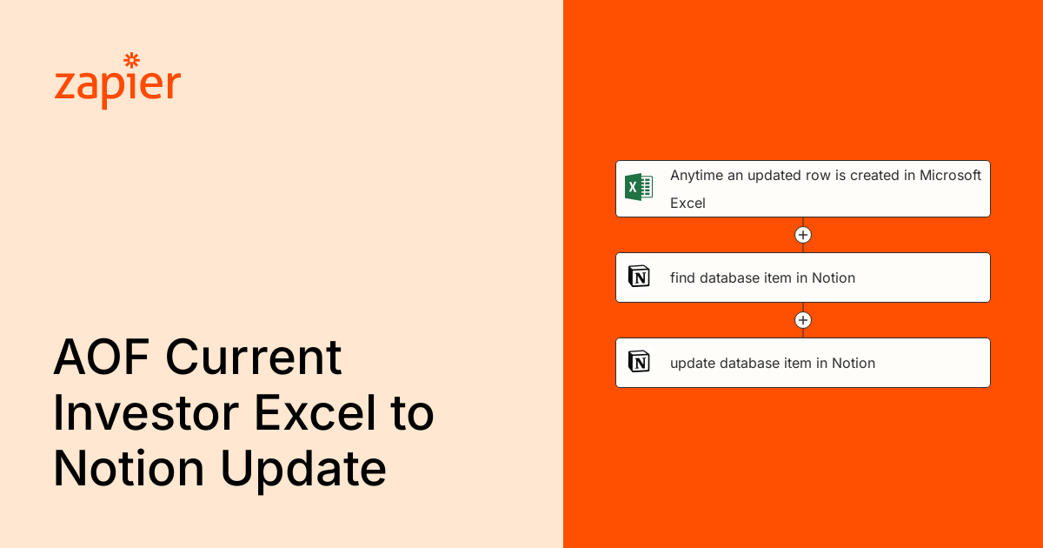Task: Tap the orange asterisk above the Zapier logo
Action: click(132, 60)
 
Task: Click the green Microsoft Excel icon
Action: click(639, 187)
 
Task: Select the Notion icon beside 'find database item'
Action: click(639, 277)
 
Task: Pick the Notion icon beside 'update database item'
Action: click(639, 363)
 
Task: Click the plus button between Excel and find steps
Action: click(803, 235)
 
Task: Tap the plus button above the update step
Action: click(803, 320)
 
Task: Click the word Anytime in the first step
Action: click(696, 175)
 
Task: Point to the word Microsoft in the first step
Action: click(950, 175)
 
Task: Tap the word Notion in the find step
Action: click(834, 278)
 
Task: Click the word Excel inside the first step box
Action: click(688, 203)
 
